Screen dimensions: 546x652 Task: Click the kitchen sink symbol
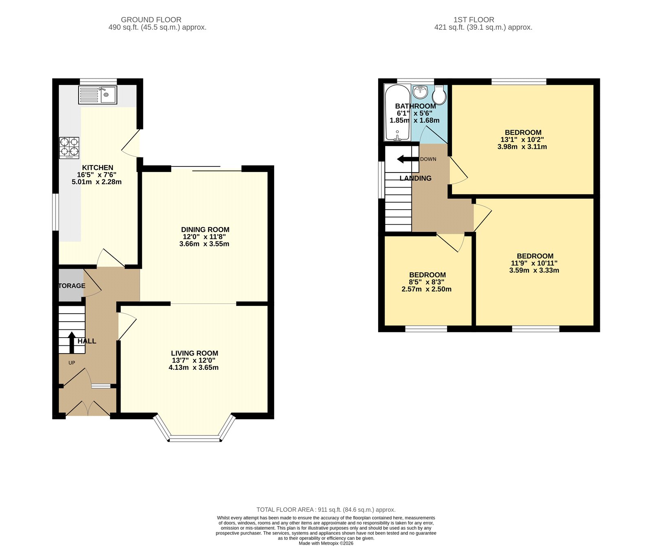click(x=98, y=95)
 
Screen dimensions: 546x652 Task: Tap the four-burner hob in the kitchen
click(x=69, y=148)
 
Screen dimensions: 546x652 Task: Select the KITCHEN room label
click(x=97, y=168)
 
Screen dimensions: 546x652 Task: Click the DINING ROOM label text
click(x=205, y=230)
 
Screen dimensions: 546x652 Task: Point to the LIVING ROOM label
click(x=194, y=353)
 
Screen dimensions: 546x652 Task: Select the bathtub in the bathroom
click(x=397, y=112)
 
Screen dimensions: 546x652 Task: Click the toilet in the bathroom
click(x=439, y=95)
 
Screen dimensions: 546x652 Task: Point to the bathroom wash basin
click(x=420, y=92)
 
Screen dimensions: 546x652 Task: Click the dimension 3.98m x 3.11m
click(x=522, y=147)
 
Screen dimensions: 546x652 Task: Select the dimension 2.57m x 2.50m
click(x=426, y=289)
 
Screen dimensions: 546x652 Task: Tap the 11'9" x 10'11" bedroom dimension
click(x=534, y=263)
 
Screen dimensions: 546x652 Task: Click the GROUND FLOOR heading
click(x=151, y=20)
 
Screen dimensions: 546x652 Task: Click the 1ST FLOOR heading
click(x=474, y=20)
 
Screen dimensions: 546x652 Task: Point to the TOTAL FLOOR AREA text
click(x=326, y=510)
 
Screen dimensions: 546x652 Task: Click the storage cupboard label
click(x=72, y=286)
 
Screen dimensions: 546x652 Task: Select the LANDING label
click(x=415, y=178)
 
